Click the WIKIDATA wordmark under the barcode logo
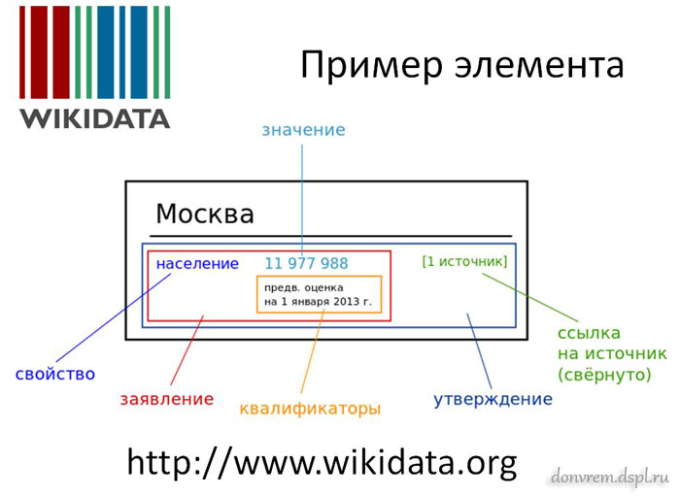[94, 118]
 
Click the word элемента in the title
[539, 66]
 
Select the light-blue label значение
[303, 130]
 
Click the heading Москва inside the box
[205, 214]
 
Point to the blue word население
[197, 263]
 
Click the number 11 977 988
[306, 263]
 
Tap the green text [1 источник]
[464, 261]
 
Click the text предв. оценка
[303, 287]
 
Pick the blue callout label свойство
[55, 375]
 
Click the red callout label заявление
[167, 399]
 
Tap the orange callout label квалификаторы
[310, 409]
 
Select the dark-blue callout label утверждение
[493, 399]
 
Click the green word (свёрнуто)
[604, 375]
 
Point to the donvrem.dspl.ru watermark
[610, 477]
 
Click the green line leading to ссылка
[530, 297]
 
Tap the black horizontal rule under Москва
[331, 236]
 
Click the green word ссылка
[589, 333]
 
